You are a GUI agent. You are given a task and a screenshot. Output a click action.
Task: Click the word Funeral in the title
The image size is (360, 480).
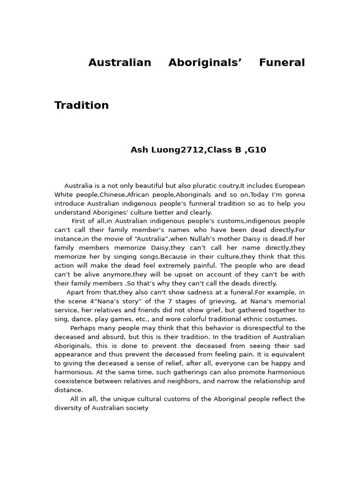point(282,63)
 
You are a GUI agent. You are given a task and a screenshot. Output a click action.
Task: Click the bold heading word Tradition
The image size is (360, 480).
point(82,105)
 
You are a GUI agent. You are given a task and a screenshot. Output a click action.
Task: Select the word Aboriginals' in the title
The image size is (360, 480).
point(205,63)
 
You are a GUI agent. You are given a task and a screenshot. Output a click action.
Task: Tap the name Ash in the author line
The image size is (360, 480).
point(139,150)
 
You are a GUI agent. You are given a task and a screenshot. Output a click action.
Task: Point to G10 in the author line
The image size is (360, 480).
point(256,150)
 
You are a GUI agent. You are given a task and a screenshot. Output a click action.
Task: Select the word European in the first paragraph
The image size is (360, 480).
point(290,186)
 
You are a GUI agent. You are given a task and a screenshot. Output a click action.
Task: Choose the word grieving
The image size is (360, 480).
point(214,301)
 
